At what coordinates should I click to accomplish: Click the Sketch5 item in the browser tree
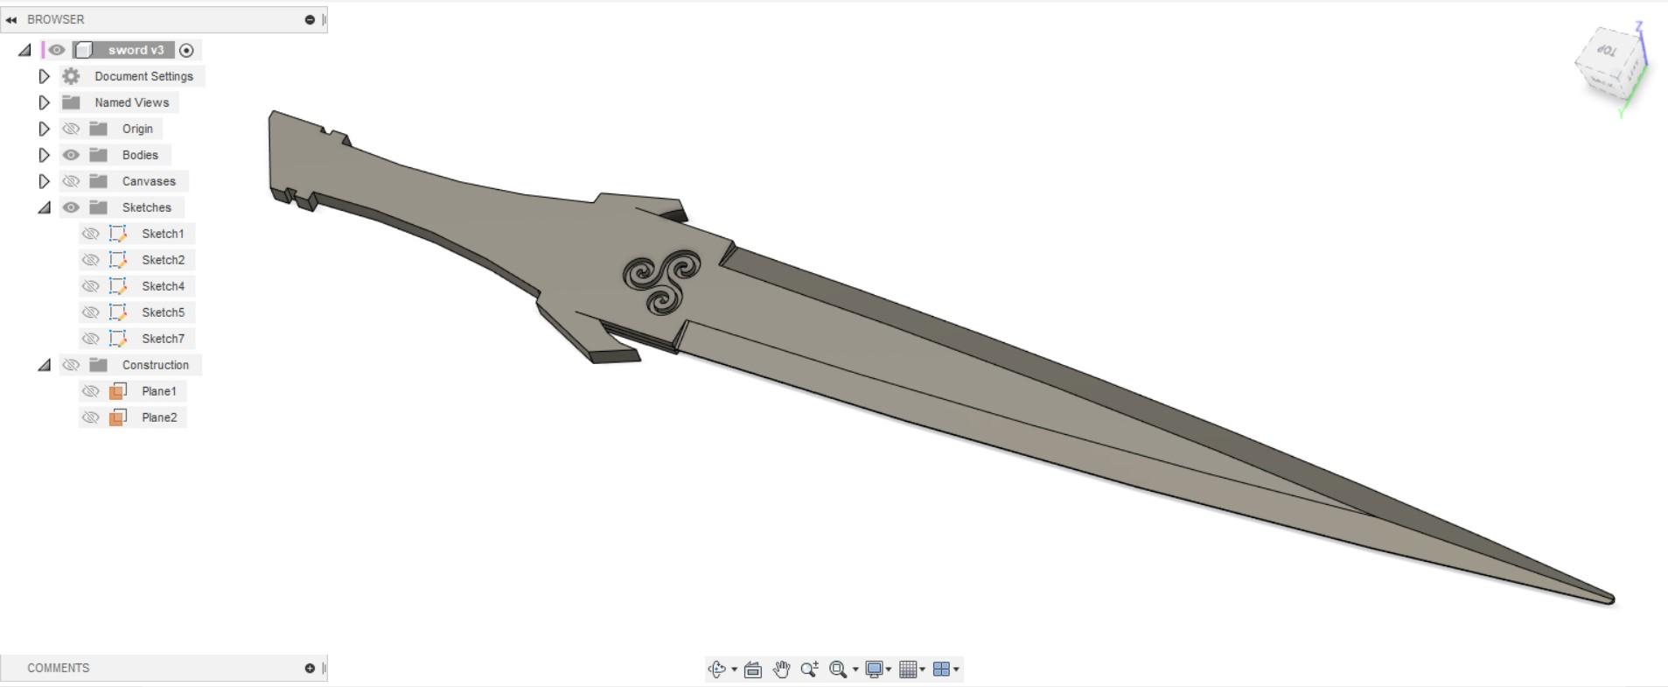(163, 312)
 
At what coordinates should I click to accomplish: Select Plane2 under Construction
(159, 417)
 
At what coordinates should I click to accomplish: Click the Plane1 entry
(159, 391)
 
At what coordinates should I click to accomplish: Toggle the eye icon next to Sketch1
(90, 234)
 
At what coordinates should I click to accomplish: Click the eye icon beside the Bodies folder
(71, 155)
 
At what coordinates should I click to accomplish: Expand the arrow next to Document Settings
(44, 76)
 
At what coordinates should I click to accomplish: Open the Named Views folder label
(131, 102)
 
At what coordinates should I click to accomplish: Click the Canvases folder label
(149, 181)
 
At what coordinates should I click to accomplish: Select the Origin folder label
(137, 129)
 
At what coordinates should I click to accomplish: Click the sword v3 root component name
(136, 50)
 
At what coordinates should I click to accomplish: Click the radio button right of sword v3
(186, 50)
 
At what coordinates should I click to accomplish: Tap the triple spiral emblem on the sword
(662, 281)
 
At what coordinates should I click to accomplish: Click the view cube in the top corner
(1610, 64)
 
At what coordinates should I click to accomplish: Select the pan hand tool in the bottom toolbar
(781, 669)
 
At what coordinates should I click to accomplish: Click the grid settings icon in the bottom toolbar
(908, 669)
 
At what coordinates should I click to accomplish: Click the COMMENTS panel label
(59, 668)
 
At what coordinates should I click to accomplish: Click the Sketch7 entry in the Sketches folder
(163, 339)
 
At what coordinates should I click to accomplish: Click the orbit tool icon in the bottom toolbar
(716, 669)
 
